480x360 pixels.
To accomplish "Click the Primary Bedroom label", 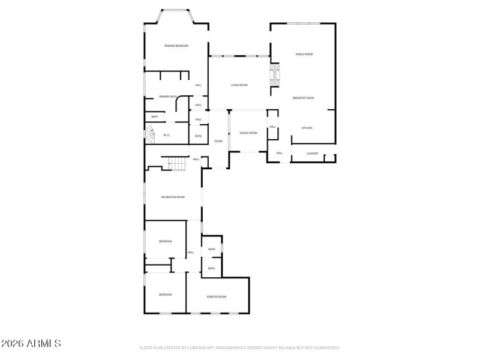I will pyautogui.click(x=176, y=46).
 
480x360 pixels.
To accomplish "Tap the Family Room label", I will pyautogui.click(x=304, y=55).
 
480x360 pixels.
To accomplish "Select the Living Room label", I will pyautogui.click(x=239, y=85).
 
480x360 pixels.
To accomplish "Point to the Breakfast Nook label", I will pyautogui.click(x=303, y=98).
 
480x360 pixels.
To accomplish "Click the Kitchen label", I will pyautogui.click(x=307, y=128).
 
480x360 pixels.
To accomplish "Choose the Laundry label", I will pyautogui.click(x=312, y=154).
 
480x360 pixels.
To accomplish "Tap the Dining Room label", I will pyautogui.click(x=248, y=133).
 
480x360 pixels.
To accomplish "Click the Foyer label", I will pyautogui.click(x=218, y=141).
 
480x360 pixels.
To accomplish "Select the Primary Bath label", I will pyautogui.click(x=168, y=97).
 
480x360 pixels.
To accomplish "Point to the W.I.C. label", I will pyautogui.click(x=167, y=135).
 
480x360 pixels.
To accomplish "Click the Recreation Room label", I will pyautogui.click(x=173, y=197).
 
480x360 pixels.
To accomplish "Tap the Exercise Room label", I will pyautogui.click(x=216, y=296).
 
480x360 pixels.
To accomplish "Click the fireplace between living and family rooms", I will pyautogui.click(x=275, y=75).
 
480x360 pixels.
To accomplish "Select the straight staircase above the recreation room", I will pyautogui.click(x=177, y=163).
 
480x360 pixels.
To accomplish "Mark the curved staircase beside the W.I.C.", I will pyautogui.click(x=149, y=136).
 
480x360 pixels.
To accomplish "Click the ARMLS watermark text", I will pyautogui.click(x=31, y=344).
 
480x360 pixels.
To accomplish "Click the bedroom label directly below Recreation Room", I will pyautogui.click(x=165, y=241).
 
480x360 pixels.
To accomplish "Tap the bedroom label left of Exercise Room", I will pyautogui.click(x=165, y=295).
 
